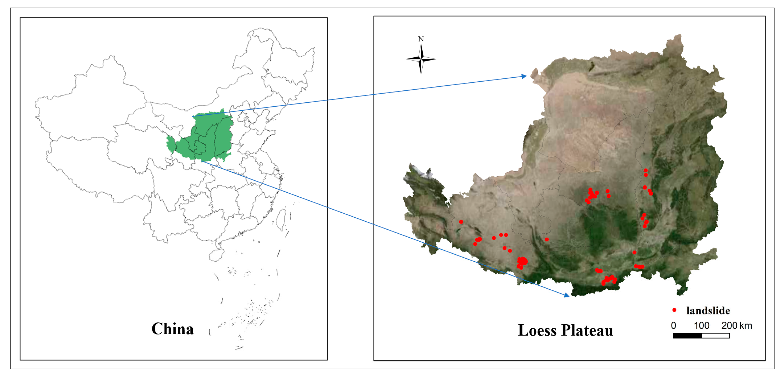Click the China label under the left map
172,329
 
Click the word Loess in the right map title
537,330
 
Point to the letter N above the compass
421,39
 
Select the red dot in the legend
674,310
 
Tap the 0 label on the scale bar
674,326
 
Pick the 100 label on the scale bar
701,326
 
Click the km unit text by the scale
746,326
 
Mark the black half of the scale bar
687,336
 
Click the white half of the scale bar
716,336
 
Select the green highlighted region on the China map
210,137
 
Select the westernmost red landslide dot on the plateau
461,222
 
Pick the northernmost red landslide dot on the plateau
646,170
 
